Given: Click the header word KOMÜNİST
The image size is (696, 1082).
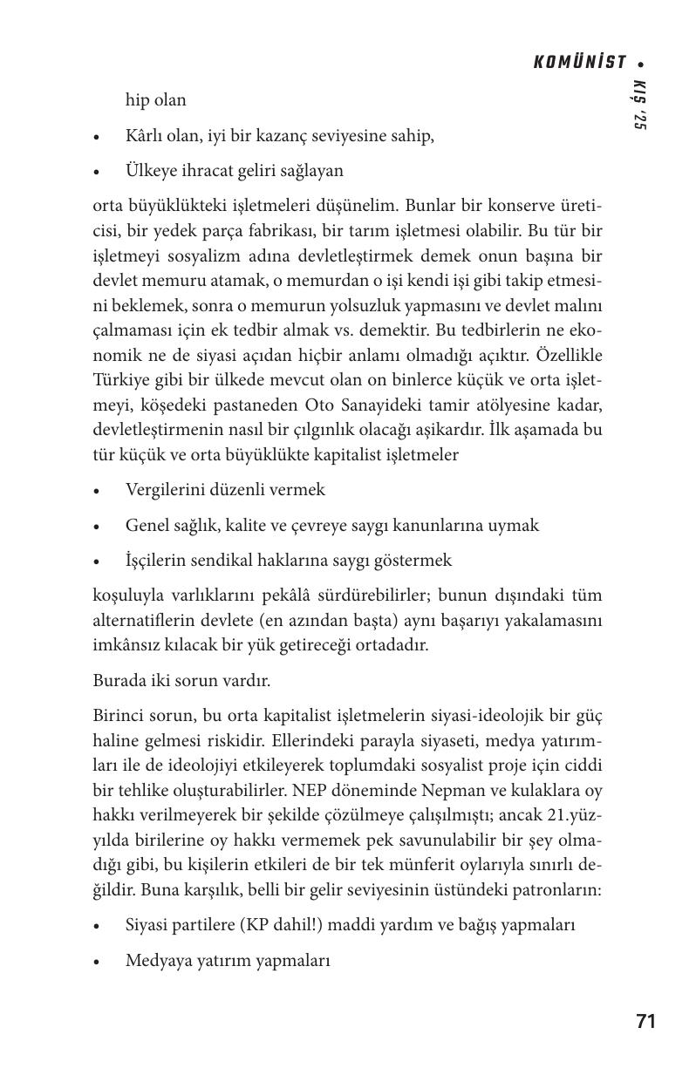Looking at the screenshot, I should (x=579, y=62).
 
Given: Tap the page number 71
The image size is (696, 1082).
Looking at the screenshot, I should (x=645, y=1022).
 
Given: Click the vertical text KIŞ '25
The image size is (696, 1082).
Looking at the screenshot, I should (x=639, y=105).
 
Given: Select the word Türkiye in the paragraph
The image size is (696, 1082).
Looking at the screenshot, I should (x=120, y=381).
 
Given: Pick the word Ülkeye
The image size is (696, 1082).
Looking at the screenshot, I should (x=154, y=171).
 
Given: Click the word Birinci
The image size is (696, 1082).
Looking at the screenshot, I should (x=121, y=716).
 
